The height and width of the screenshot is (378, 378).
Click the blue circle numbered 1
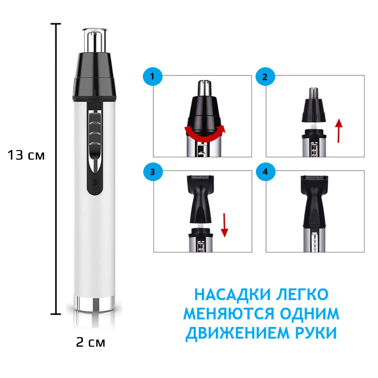click(153, 77)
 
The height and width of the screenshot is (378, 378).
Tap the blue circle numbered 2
click(265, 77)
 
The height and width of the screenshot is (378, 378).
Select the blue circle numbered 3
click(153, 172)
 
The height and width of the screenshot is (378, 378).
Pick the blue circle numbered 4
click(265, 172)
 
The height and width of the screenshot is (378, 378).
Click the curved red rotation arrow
click(204, 137)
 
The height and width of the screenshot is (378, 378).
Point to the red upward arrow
click(339, 130)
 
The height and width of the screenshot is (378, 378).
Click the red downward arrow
click(225, 225)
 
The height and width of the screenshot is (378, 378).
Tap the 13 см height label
click(26, 155)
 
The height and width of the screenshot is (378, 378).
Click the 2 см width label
click(91, 342)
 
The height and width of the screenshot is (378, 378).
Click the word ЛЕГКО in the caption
click(302, 294)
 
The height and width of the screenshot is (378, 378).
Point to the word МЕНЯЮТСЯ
click(229, 314)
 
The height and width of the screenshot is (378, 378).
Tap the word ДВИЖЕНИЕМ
click(237, 333)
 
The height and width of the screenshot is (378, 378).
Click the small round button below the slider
click(95, 182)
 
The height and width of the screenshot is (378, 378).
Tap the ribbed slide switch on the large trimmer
click(95, 134)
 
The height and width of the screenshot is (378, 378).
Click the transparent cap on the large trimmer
click(94, 40)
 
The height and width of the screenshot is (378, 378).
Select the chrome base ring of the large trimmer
click(94, 303)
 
